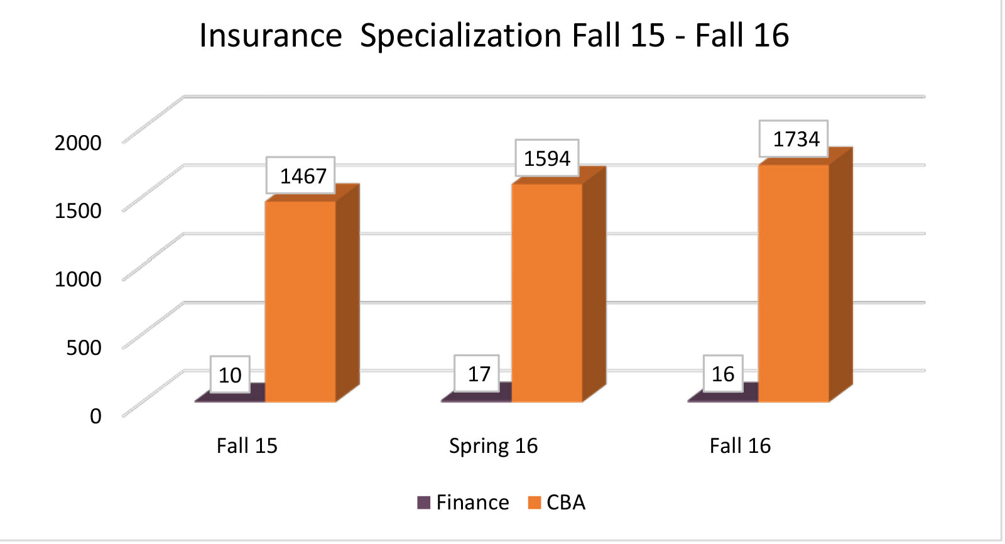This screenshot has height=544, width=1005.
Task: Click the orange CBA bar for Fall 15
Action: (x=300, y=302)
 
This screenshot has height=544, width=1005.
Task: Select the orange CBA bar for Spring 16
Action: (x=547, y=293)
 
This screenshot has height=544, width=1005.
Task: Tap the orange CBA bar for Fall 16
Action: (x=794, y=283)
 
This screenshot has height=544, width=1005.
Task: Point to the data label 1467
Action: (x=303, y=176)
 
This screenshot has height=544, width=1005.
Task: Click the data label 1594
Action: (x=547, y=158)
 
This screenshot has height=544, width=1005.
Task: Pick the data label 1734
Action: (x=796, y=139)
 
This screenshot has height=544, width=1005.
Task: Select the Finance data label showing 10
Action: (x=230, y=375)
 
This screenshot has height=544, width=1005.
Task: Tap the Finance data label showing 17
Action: (x=479, y=374)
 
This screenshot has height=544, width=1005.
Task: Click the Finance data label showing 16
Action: (x=723, y=374)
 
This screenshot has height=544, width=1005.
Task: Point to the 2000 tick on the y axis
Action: (x=78, y=143)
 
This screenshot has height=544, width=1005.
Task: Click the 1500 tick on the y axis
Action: (x=78, y=210)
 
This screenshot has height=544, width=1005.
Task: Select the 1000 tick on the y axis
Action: (x=78, y=279)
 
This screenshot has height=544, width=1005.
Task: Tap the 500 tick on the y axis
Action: (x=84, y=347)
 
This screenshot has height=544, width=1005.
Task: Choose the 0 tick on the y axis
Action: (x=95, y=416)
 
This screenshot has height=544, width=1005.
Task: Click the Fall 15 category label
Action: (x=247, y=446)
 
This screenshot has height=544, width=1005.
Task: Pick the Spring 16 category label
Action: (x=493, y=446)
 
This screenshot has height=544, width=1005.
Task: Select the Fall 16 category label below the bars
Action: (x=740, y=446)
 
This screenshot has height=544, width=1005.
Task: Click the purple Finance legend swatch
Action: (x=424, y=503)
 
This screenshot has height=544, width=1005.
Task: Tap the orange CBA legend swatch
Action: (x=535, y=503)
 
